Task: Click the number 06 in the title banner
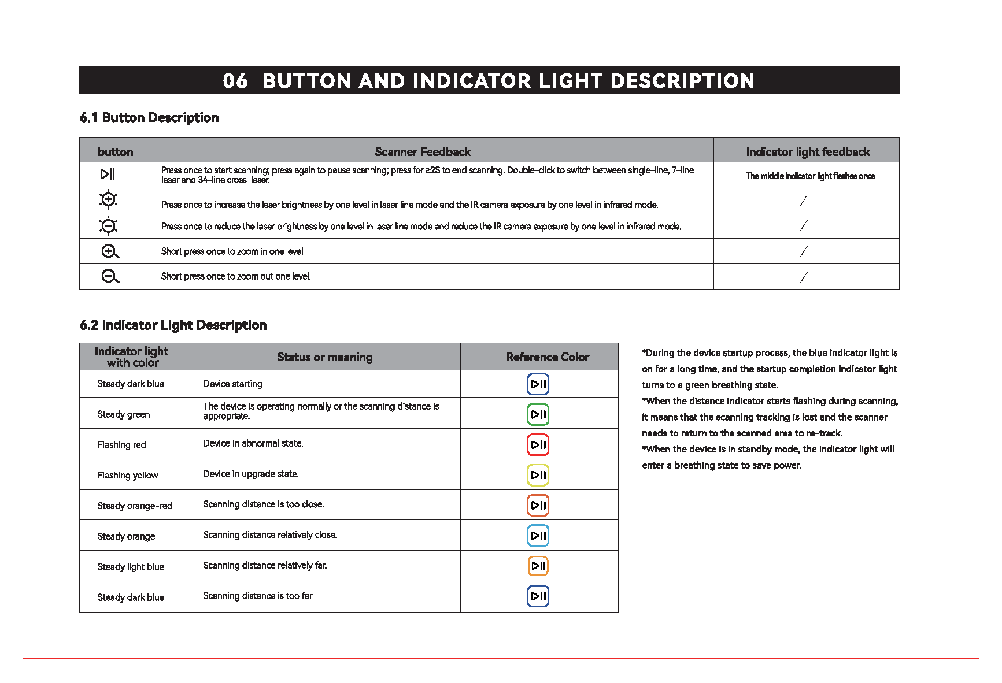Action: click(x=235, y=81)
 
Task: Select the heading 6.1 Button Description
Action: click(x=149, y=118)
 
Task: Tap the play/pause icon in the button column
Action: click(x=108, y=174)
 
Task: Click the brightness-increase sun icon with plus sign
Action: click(x=108, y=199)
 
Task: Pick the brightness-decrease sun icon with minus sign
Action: click(x=108, y=225)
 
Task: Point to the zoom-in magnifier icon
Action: click(x=110, y=251)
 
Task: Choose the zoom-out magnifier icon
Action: click(x=110, y=277)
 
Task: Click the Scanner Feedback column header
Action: click(x=423, y=152)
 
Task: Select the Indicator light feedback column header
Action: click(x=808, y=152)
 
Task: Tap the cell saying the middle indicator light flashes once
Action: click(x=810, y=176)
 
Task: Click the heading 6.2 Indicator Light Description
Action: click(x=173, y=325)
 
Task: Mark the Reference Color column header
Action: click(x=548, y=357)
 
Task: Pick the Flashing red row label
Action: click(x=122, y=445)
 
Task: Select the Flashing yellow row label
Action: click(x=128, y=476)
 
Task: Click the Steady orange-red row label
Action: click(x=135, y=506)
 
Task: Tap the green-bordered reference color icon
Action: click(x=538, y=414)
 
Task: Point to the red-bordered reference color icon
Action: click(x=538, y=445)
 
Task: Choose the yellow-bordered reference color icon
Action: click(x=538, y=476)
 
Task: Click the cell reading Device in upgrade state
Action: click(x=251, y=474)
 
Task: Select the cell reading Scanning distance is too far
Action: click(x=258, y=596)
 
